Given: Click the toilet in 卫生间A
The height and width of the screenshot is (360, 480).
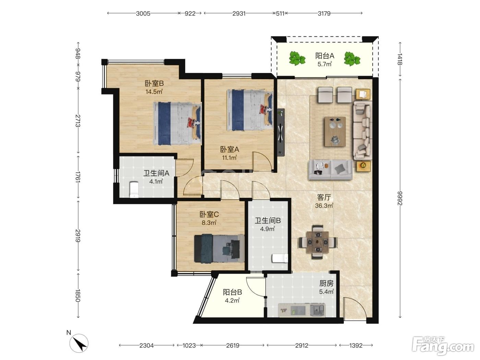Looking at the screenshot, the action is point(134,190).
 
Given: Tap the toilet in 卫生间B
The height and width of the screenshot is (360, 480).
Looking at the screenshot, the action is point(280,258).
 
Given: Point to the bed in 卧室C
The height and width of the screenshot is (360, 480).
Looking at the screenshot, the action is point(219,248).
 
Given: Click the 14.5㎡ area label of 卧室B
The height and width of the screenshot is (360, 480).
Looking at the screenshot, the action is point(154,92).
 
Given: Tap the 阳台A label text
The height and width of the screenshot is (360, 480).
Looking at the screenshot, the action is point(325,56).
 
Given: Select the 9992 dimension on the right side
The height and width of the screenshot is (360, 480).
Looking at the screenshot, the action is point(400,198).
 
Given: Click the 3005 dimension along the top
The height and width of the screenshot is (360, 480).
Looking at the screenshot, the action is point(143,14).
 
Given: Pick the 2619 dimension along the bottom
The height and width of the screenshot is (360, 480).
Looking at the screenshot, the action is point(233,346).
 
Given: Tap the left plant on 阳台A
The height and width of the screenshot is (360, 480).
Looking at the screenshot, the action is point(297,58).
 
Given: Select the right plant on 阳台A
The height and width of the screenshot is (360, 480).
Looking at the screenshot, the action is point(352,59).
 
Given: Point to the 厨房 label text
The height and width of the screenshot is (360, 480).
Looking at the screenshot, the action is point(326,284).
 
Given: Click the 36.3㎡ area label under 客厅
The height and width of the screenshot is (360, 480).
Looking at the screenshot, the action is point(324,206).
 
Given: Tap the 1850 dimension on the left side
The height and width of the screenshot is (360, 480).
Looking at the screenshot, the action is point(78,296).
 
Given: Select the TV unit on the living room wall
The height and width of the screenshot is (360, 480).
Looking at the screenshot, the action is point(281,132).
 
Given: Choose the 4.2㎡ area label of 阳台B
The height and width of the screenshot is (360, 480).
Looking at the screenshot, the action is point(232,301).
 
